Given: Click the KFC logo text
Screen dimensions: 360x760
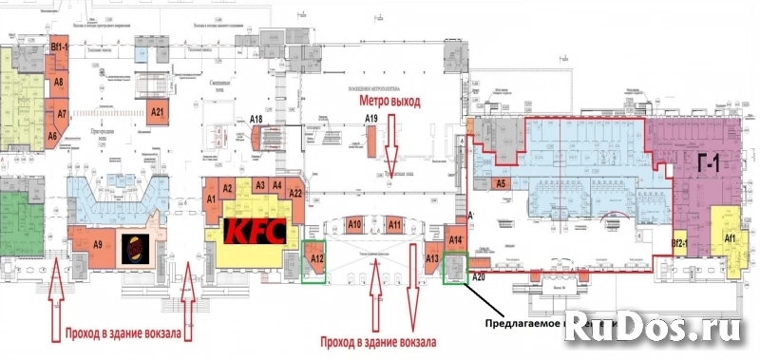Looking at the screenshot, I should pos(249,231).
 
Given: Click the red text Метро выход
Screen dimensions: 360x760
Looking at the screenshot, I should pos(389,99).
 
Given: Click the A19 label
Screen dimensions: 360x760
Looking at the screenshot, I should pos(372,118).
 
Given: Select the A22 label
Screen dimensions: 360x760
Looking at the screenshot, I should pos(295,194).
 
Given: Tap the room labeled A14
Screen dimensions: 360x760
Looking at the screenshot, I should pos(455,240).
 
